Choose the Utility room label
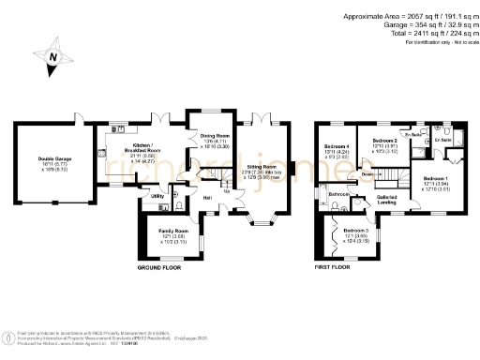coord(157,196)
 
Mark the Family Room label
coord(172,231)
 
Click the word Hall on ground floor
coord(206,198)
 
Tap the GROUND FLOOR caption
coord(158,267)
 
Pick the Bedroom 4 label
coord(338,147)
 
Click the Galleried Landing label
coord(387,200)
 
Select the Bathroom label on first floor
coord(339,195)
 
